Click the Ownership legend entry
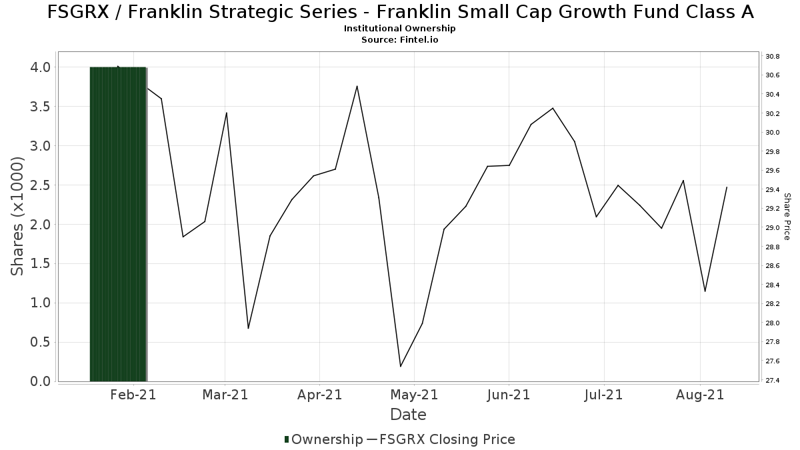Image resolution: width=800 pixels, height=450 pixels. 323,439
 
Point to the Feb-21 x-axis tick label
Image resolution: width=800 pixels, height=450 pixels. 134,395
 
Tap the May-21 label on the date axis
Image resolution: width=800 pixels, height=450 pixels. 414,395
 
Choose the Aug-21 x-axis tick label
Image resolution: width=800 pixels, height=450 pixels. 699,395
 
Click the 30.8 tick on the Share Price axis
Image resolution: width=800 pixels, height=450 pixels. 772,57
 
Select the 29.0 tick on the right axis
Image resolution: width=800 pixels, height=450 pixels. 772,228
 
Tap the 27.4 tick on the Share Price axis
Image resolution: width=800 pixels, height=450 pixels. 772,381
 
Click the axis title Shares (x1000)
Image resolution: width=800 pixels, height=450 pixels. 17,217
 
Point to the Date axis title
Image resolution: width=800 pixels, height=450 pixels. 408,415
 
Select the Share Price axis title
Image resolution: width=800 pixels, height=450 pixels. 787,217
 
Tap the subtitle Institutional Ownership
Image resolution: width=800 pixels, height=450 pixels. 400,29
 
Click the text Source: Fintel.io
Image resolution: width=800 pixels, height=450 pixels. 400,40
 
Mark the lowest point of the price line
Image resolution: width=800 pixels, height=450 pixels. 401,366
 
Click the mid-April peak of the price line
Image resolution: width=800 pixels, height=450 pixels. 357,86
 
